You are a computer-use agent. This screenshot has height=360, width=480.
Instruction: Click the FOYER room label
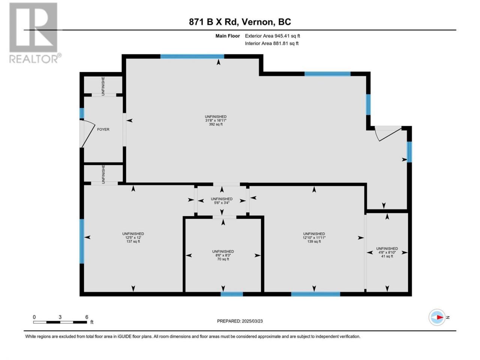(103, 129)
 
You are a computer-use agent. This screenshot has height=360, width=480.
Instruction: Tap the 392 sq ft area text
(216, 124)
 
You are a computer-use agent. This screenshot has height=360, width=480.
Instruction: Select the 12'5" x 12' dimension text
(133, 238)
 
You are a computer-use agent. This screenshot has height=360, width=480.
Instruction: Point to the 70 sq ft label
(223, 259)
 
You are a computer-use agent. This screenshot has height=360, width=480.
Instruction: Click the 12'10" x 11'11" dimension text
(314, 238)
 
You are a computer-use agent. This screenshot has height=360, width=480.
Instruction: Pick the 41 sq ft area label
(387, 256)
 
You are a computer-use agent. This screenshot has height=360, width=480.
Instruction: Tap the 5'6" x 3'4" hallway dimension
(222, 202)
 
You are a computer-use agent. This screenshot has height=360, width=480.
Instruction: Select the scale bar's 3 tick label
(60, 317)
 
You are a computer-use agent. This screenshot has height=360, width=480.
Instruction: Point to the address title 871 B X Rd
(214, 22)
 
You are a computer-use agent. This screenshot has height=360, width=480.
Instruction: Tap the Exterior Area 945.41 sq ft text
(273, 36)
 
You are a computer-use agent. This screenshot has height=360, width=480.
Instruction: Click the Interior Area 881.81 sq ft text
(271, 43)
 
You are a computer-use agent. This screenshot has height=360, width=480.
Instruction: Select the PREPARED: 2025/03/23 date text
(240, 321)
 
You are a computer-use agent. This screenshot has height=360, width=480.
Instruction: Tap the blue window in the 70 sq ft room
(232, 294)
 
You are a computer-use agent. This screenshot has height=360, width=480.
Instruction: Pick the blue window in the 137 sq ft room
(82, 241)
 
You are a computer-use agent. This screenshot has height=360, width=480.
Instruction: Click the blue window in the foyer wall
(82, 113)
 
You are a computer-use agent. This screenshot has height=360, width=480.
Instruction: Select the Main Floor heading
(228, 36)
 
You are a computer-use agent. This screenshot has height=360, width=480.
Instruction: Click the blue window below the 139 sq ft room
(315, 294)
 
